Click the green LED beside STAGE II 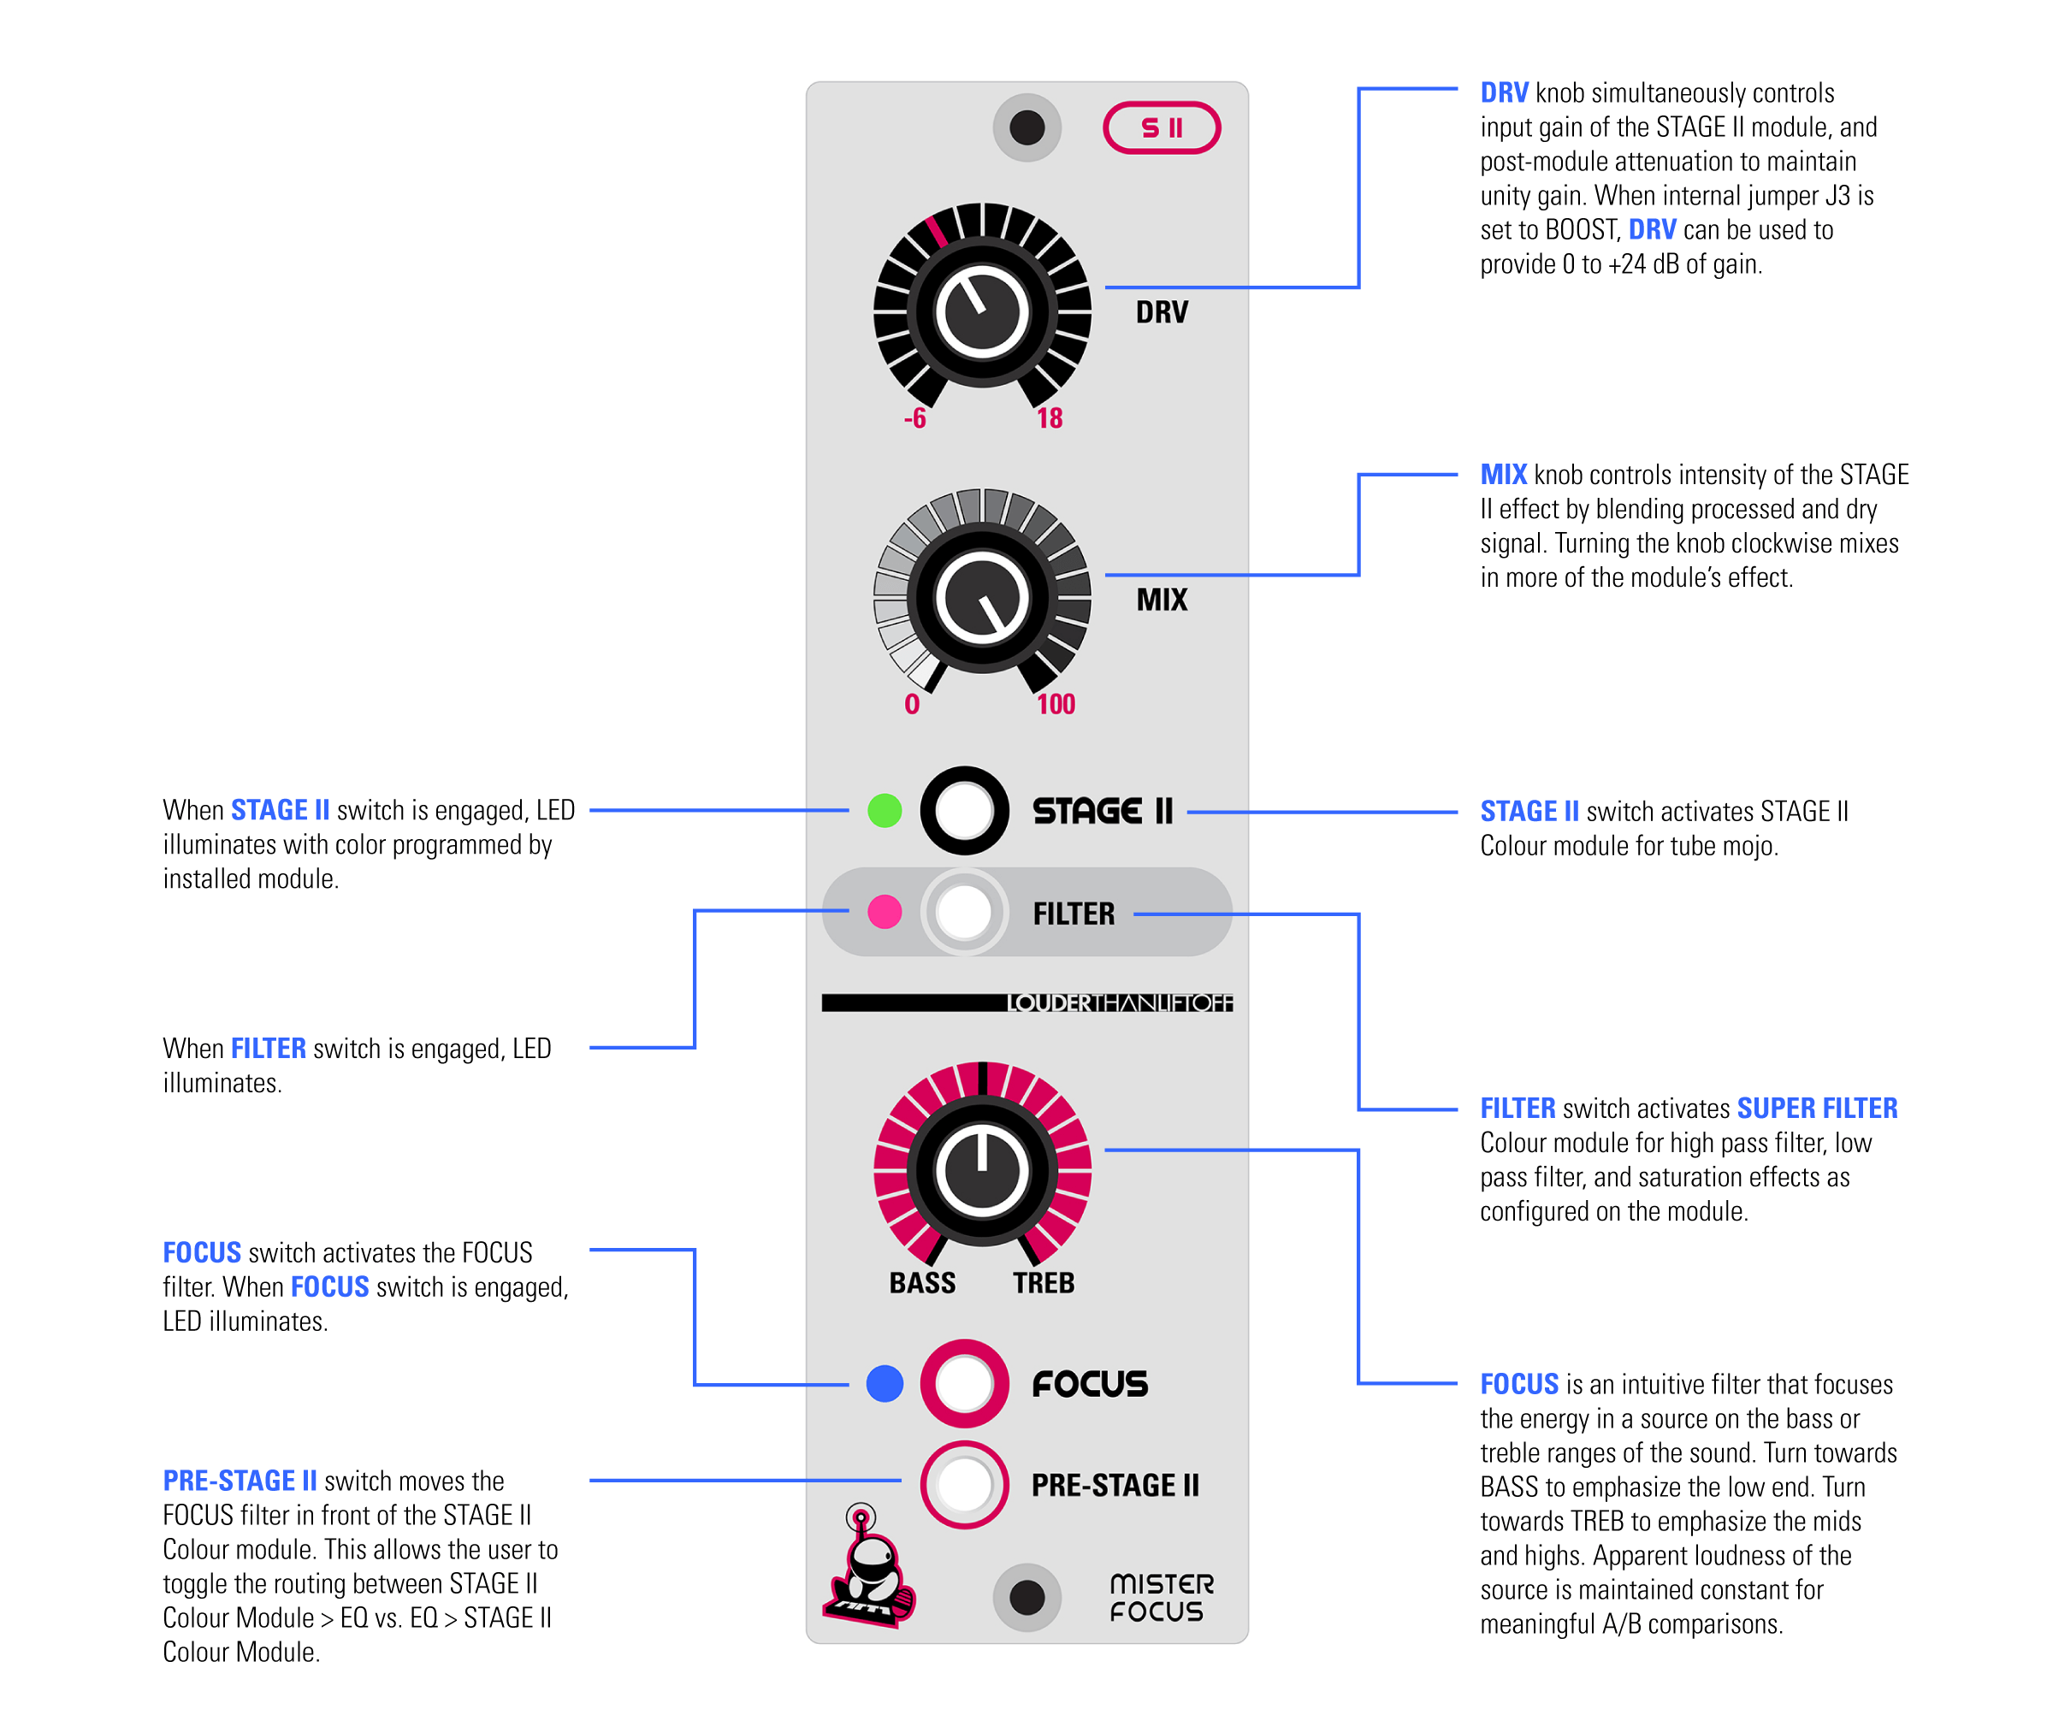coord(885,811)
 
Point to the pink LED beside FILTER coord(885,911)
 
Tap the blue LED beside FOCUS coord(885,1383)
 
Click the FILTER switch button coord(964,911)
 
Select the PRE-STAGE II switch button coord(964,1484)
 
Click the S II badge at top coord(1162,128)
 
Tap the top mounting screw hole coord(1026,127)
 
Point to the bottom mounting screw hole coord(1026,1598)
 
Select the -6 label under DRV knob coord(915,418)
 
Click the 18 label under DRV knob coord(1050,418)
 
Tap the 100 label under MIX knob coord(1056,704)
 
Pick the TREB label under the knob coord(1043,1283)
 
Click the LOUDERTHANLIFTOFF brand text coord(1120,1003)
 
